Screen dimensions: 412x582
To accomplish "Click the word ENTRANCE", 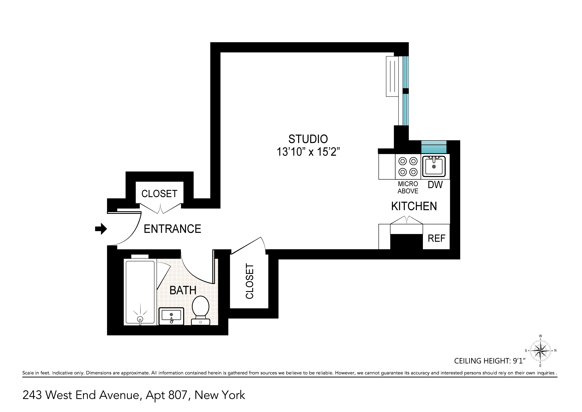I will point(172,229).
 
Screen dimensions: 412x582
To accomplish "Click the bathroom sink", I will point(171,316).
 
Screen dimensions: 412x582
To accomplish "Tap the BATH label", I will point(183,290).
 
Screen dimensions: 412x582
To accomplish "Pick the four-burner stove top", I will point(408,166).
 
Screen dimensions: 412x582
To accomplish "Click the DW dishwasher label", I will point(435,185).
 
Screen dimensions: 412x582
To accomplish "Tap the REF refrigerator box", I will point(436,238).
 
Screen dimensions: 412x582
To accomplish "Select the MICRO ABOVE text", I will point(408,188).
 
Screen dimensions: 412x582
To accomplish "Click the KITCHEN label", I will point(414,206).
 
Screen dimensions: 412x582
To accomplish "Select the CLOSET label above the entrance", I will point(159,194).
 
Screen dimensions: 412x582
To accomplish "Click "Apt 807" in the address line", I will point(166,395).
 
